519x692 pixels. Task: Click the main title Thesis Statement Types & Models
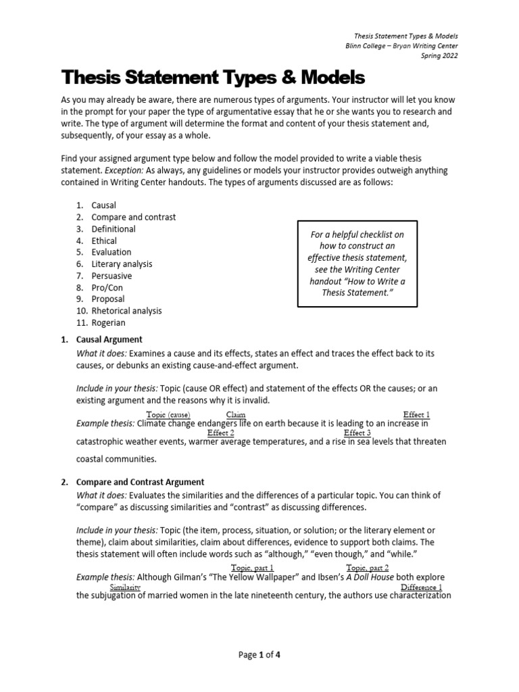click(x=213, y=78)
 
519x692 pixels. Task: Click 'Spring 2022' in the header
click(x=439, y=56)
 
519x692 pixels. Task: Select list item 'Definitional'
click(x=113, y=229)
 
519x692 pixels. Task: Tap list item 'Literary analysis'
click(x=121, y=264)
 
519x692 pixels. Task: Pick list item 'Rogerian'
click(x=108, y=323)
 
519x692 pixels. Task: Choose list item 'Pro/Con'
click(x=107, y=288)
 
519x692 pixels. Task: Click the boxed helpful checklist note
click(x=357, y=264)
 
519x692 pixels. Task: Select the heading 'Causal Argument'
click(x=109, y=339)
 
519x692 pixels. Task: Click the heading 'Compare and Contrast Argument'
click(x=141, y=482)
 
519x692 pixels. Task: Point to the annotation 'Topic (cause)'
click(x=168, y=414)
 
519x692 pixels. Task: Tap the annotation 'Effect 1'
click(x=416, y=414)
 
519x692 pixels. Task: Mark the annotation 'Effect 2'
click(x=221, y=432)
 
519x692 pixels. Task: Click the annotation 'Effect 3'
click(x=357, y=432)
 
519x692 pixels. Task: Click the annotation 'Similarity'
click(x=124, y=587)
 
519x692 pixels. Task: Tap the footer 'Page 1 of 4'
click(x=259, y=655)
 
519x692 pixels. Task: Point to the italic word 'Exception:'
click(x=132, y=170)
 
